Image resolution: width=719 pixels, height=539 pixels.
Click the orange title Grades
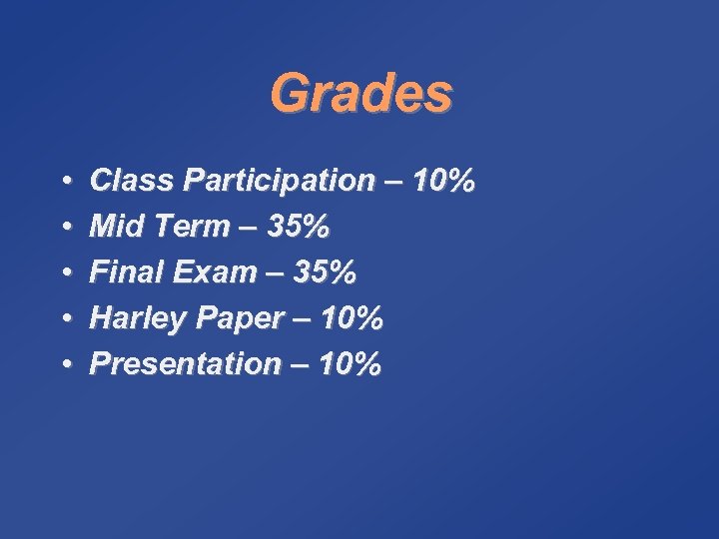click(x=360, y=95)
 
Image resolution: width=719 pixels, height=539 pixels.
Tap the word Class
click(x=130, y=182)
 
